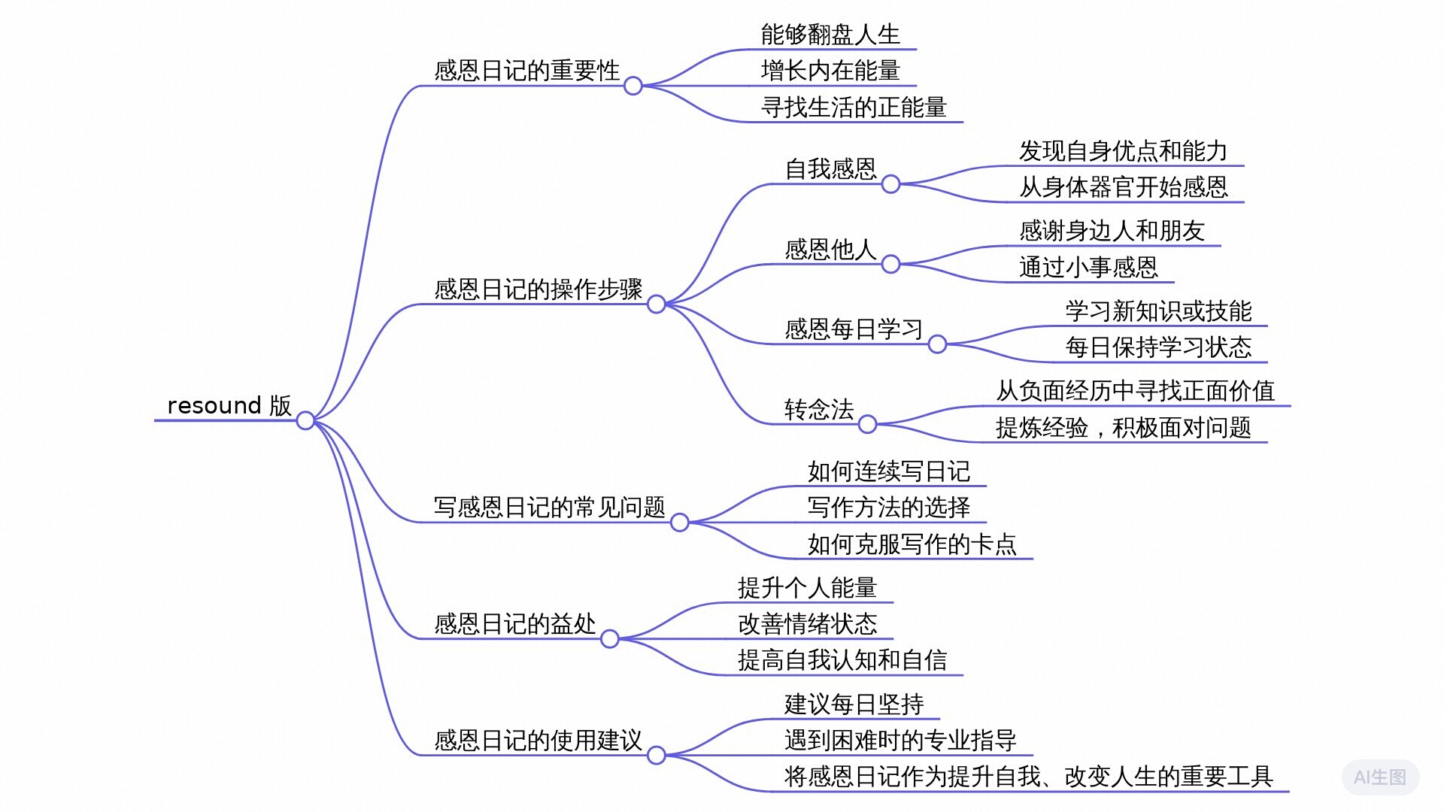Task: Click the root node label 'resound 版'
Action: [229, 405]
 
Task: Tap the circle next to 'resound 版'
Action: [305, 420]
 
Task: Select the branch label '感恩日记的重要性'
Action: [526, 71]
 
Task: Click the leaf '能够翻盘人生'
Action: [830, 35]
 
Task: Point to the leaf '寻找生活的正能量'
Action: [854, 108]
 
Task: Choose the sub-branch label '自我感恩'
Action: [830, 169]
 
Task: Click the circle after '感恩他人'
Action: [890, 265]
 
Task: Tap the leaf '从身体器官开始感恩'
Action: [1123, 187]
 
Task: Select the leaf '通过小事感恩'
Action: [1088, 268]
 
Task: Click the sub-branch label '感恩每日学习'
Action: [854, 329]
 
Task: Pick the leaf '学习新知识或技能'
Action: [1158, 311]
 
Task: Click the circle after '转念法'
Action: [867, 425]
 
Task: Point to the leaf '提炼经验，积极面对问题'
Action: [1123, 428]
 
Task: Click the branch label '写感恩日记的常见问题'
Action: [549, 507]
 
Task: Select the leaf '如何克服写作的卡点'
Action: [912, 544]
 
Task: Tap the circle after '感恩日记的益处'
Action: [610, 639]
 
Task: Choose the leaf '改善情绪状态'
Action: [807, 624]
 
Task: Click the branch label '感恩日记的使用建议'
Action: [538, 741]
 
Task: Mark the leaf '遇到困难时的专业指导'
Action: [900, 741]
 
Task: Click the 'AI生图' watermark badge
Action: [1380, 777]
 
